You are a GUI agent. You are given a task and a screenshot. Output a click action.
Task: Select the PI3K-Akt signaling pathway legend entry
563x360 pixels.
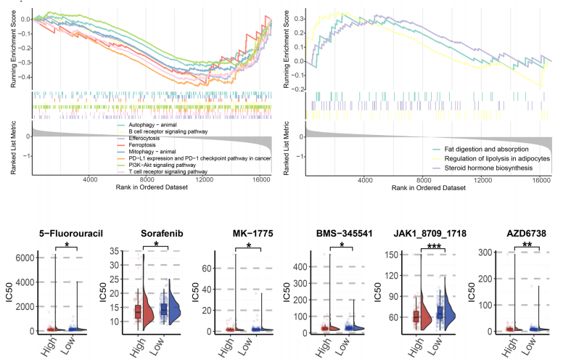click(x=163, y=165)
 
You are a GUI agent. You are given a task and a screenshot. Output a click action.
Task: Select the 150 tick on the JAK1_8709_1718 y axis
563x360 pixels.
click(x=385, y=253)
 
